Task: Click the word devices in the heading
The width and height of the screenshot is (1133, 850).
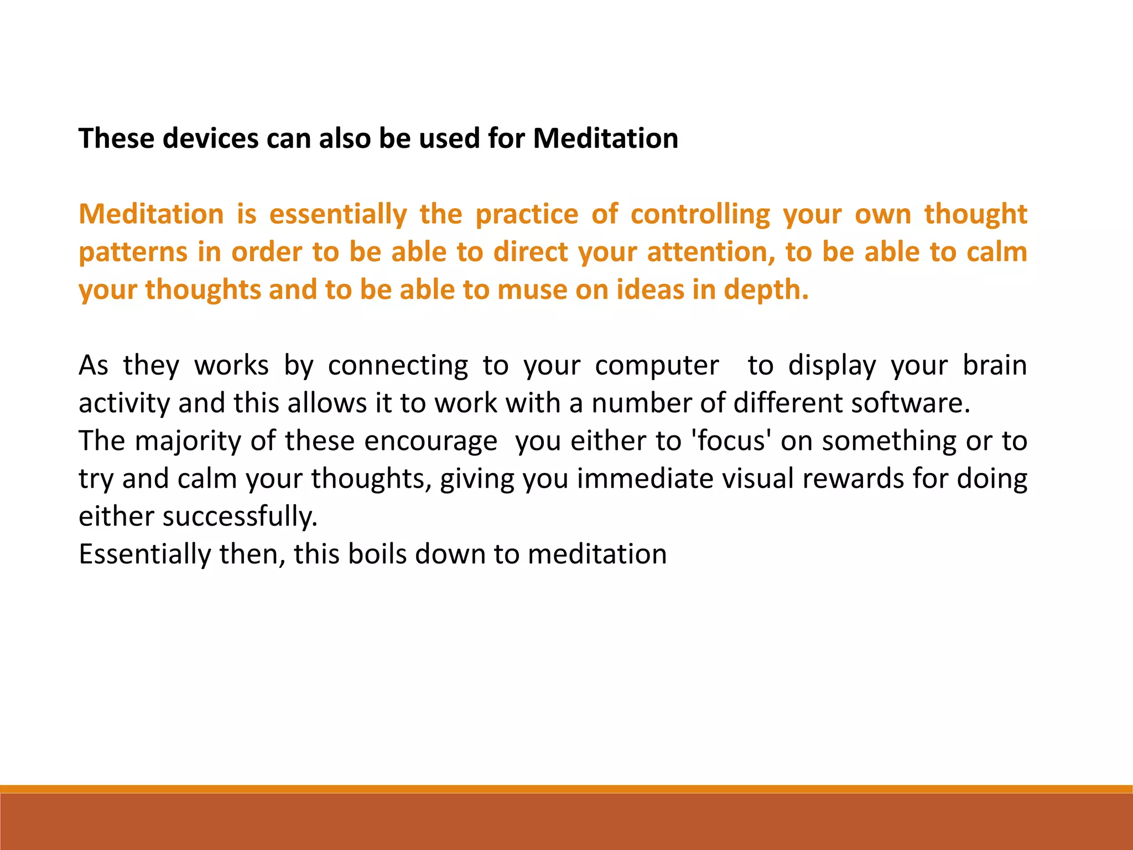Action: (x=210, y=138)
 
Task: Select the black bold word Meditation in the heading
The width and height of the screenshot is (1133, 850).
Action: (x=605, y=138)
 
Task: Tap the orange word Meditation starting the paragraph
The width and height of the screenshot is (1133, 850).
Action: (x=151, y=214)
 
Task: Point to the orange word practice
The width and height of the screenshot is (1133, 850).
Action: (x=527, y=214)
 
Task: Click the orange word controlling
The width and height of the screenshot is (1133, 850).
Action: (x=700, y=214)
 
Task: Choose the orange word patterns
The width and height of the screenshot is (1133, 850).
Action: (x=133, y=252)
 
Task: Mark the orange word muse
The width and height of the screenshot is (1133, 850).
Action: (x=532, y=290)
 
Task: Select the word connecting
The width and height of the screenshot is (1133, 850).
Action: (x=398, y=366)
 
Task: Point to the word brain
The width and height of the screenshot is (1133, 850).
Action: (x=995, y=366)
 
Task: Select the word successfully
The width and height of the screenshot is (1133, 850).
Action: (x=240, y=516)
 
